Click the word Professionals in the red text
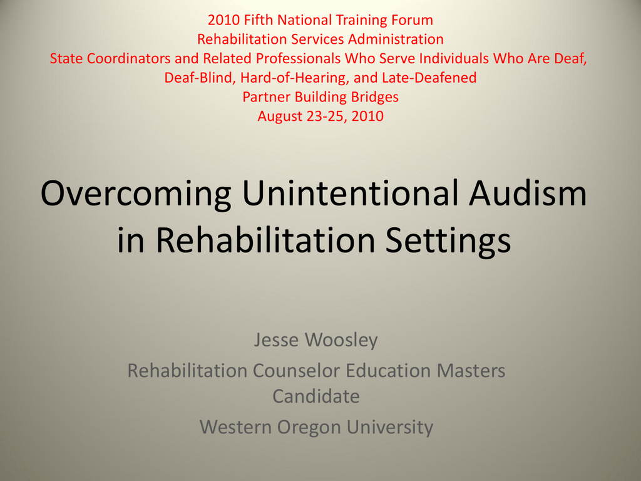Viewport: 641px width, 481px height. pos(298,58)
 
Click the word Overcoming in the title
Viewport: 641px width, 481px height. pos(136,194)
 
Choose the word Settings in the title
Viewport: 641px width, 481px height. pos(448,241)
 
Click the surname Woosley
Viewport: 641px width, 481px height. pos(341,339)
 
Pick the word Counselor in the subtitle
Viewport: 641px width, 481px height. pos(296,371)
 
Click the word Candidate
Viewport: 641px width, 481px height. pos(316,396)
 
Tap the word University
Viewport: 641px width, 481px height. pos(390,427)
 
